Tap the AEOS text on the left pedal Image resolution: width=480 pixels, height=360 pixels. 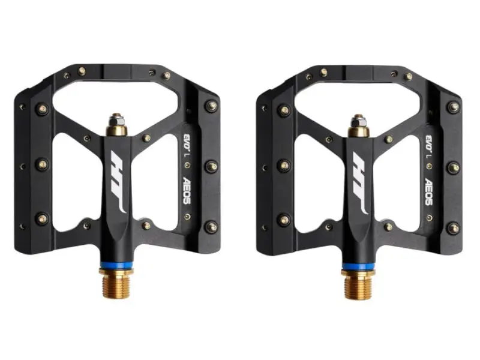click(187, 191)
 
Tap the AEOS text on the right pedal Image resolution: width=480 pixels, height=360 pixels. click(429, 191)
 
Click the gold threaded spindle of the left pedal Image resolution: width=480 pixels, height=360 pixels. click(116, 282)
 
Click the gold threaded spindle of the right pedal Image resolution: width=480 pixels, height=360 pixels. click(359, 282)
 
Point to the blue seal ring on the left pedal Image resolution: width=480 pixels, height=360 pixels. click(116, 266)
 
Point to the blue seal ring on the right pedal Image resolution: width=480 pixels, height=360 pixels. click(359, 266)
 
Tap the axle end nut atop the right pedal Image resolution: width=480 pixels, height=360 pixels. click(358, 122)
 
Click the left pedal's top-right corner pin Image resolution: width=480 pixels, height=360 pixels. click(211, 106)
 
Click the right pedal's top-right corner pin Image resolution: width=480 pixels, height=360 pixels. click(453, 106)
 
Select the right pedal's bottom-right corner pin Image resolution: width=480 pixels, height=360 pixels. click(453, 227)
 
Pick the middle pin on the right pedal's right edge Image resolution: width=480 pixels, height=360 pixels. click(453, 167)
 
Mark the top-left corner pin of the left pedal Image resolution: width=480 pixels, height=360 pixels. click(41, 109)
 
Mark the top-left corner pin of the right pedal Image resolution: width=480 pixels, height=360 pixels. click(284, 110)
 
